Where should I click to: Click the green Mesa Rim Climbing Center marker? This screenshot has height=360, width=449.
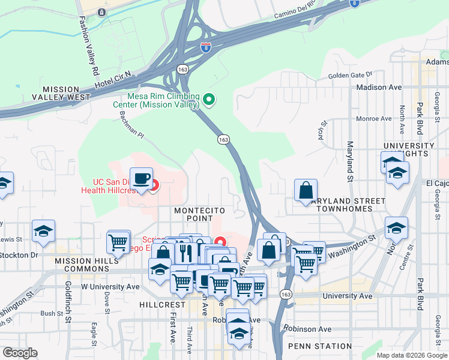pyautogui.click(x=209, y=99)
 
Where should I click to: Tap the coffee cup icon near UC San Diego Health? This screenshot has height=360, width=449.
pyautogui.click(x=141, y=179)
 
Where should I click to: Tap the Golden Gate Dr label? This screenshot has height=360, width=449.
pyautogui.click(x=351, y=76)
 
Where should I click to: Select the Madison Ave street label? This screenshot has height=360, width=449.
pyautogui.click(x=378, y=87)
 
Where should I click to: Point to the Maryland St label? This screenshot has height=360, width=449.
pyautogui.click(x=349, y=161)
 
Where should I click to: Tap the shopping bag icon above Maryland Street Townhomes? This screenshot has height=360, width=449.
pyautogui.click(x=306, y=190)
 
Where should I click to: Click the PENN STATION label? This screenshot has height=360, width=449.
pyautogui.click(x=320, y=346)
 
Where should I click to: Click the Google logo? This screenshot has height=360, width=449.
pyautogui.click(x=20, y=353)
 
